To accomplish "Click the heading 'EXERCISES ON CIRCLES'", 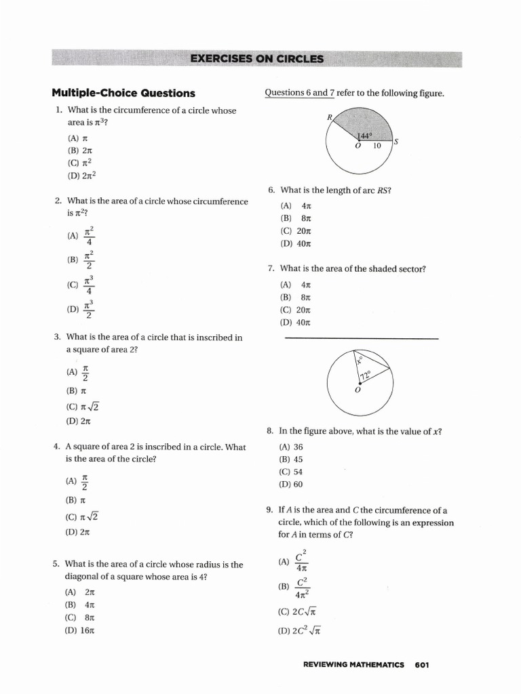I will [257, 59].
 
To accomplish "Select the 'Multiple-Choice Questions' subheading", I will [123, 94].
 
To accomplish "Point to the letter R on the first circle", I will [330, 117].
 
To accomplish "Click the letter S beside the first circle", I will [395, 142].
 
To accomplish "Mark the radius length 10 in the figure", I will [377, 146].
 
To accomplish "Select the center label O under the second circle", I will [358, 390].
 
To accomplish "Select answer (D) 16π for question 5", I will [80, 630].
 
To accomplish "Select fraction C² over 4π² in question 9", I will [303, 588].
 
